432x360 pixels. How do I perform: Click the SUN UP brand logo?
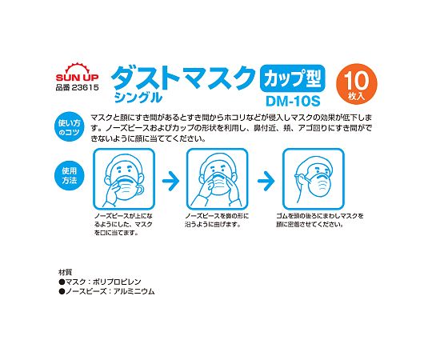[77, 72]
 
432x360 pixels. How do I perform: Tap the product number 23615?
[85, 87]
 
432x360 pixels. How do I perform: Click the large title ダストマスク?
[183, 78]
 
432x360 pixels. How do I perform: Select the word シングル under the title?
[138, 97]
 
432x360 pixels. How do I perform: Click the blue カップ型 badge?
[293, 78]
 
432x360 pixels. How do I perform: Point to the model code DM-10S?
[293, 101]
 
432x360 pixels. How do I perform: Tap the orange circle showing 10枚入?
[357, 84]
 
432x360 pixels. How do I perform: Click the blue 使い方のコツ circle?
[69, 126]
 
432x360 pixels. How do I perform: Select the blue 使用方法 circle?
[69, 175]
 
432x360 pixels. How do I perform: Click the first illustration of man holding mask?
[124, 178]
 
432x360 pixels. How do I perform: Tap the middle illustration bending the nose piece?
[218, 178]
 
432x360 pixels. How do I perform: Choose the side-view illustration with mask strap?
[314, 178]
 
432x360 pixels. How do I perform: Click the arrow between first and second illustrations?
[170, 181]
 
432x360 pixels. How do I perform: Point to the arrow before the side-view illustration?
[266, 181]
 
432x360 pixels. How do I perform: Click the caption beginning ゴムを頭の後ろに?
[319, 220]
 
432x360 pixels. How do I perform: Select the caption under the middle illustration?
[217, 220]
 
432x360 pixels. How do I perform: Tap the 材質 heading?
[66, 273]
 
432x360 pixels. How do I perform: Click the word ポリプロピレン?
[117, 282]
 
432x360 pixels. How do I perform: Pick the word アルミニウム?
[134, 291]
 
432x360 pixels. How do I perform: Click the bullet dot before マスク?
[62, 282]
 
